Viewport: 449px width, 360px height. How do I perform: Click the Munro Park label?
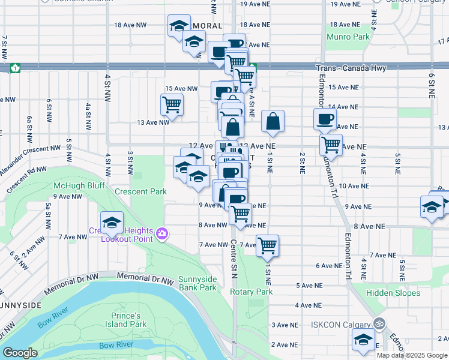pyautogui.click(x=348, y=37)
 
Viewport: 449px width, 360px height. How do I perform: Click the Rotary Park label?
pyautogui.click(x=252, y=292)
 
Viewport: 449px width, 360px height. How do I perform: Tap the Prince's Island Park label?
pyautogui.click(x=129, y=320)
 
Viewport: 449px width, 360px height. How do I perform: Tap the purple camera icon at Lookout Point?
pyautogui.click(x=161, y=233)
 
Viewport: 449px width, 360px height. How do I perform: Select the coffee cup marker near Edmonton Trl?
pyautogui.click(x=325, y=118)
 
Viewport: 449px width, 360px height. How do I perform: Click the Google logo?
pyautogui.click(x=20, y=353)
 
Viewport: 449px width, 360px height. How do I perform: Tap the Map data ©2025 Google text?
pyautogui.click(x=412, y=355)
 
